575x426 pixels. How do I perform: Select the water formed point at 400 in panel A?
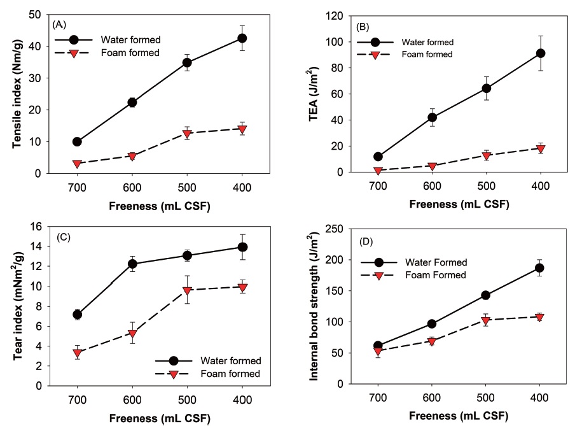click(242, 38)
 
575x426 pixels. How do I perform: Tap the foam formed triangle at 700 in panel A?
click(77, 164)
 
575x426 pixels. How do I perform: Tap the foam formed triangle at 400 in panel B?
click(541, 148)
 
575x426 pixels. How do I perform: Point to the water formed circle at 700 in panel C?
click(77, 315)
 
